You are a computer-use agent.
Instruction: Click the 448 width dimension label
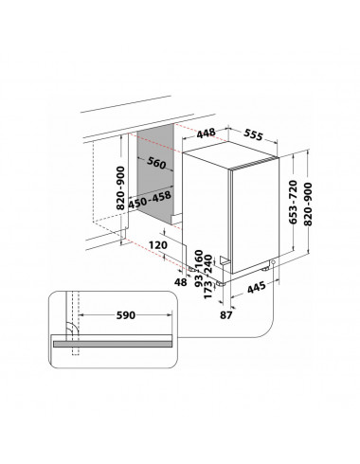tap(207, 134)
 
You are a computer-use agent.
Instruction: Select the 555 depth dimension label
tap(253, 135)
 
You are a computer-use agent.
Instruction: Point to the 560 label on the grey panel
tap(156, 163)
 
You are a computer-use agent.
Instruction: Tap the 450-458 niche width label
tap(150, 201)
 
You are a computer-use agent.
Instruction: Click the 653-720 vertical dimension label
tap(294, 202)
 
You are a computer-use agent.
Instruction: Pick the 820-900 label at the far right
tap(308, 204)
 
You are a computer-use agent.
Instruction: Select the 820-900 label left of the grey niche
tap(120, 188)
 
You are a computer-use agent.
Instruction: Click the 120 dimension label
tap(158, 245)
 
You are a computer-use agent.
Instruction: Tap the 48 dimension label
tap(181, 282)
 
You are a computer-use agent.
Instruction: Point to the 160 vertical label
tap(199, 258)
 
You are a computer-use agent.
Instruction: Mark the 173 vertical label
tap(207, 291)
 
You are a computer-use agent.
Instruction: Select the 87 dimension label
tap(226, 314)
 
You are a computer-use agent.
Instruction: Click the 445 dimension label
tap(256, 287)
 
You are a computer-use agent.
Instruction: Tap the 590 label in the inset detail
tap(126, 315)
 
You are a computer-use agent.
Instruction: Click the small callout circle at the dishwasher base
tap(273, 262)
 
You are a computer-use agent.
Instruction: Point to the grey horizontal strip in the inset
tap(113, 344)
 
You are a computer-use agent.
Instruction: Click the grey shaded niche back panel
tap(155, 174)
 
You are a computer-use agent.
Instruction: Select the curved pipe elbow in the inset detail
tap(72, 329)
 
